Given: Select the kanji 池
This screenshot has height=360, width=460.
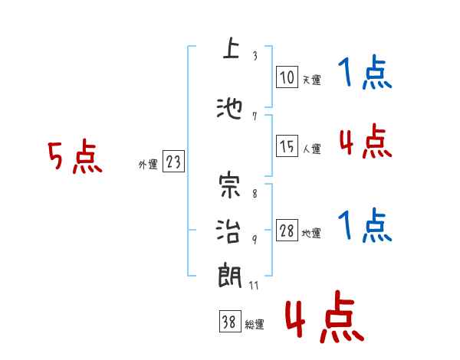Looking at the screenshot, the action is coord(229,109).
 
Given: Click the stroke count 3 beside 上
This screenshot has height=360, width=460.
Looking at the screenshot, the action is coord(254,56).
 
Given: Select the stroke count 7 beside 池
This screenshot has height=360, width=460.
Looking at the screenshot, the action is coord(254,116).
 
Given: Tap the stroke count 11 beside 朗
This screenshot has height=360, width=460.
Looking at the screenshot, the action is coord(255,285).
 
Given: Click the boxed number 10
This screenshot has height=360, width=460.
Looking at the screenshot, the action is coord(287,77).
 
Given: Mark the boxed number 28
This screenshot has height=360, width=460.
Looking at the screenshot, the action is coord(287,231).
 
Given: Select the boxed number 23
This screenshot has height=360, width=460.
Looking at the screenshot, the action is coord(173,162).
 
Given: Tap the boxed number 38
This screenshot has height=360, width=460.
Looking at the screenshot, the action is coord(229,322).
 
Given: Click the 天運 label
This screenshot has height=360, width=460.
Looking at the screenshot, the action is coord(311,79).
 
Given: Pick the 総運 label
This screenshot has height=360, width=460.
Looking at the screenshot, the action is coord(255,325).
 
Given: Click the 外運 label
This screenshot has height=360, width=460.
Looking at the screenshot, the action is coord(147,164).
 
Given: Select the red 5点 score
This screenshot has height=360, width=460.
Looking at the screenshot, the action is coord(75,159).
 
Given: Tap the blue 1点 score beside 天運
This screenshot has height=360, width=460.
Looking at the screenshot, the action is coord(366,74).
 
